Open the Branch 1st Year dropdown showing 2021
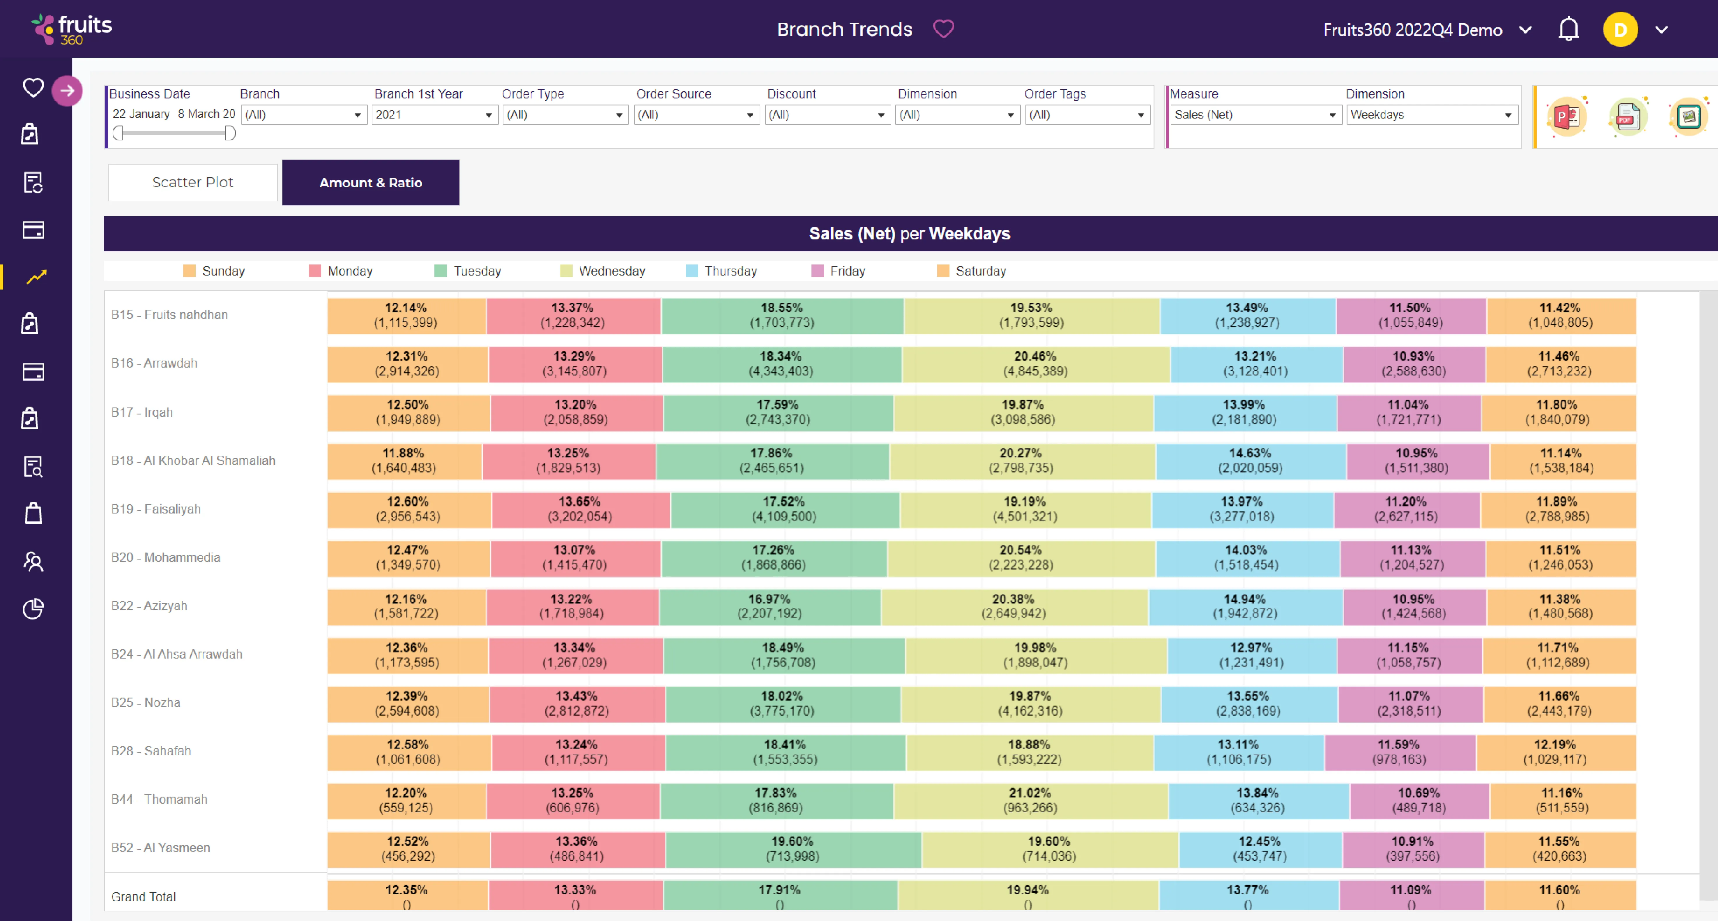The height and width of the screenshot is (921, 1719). click(434, 115)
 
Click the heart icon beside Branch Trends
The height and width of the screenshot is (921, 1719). click(943, 29)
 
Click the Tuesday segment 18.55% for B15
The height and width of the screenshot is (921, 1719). click(781, 315)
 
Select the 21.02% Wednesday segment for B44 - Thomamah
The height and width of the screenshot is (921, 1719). click(1030, 800)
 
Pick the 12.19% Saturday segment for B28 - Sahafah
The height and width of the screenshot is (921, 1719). click(1555, 751)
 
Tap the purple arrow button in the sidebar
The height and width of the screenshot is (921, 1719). click(67, 91)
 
